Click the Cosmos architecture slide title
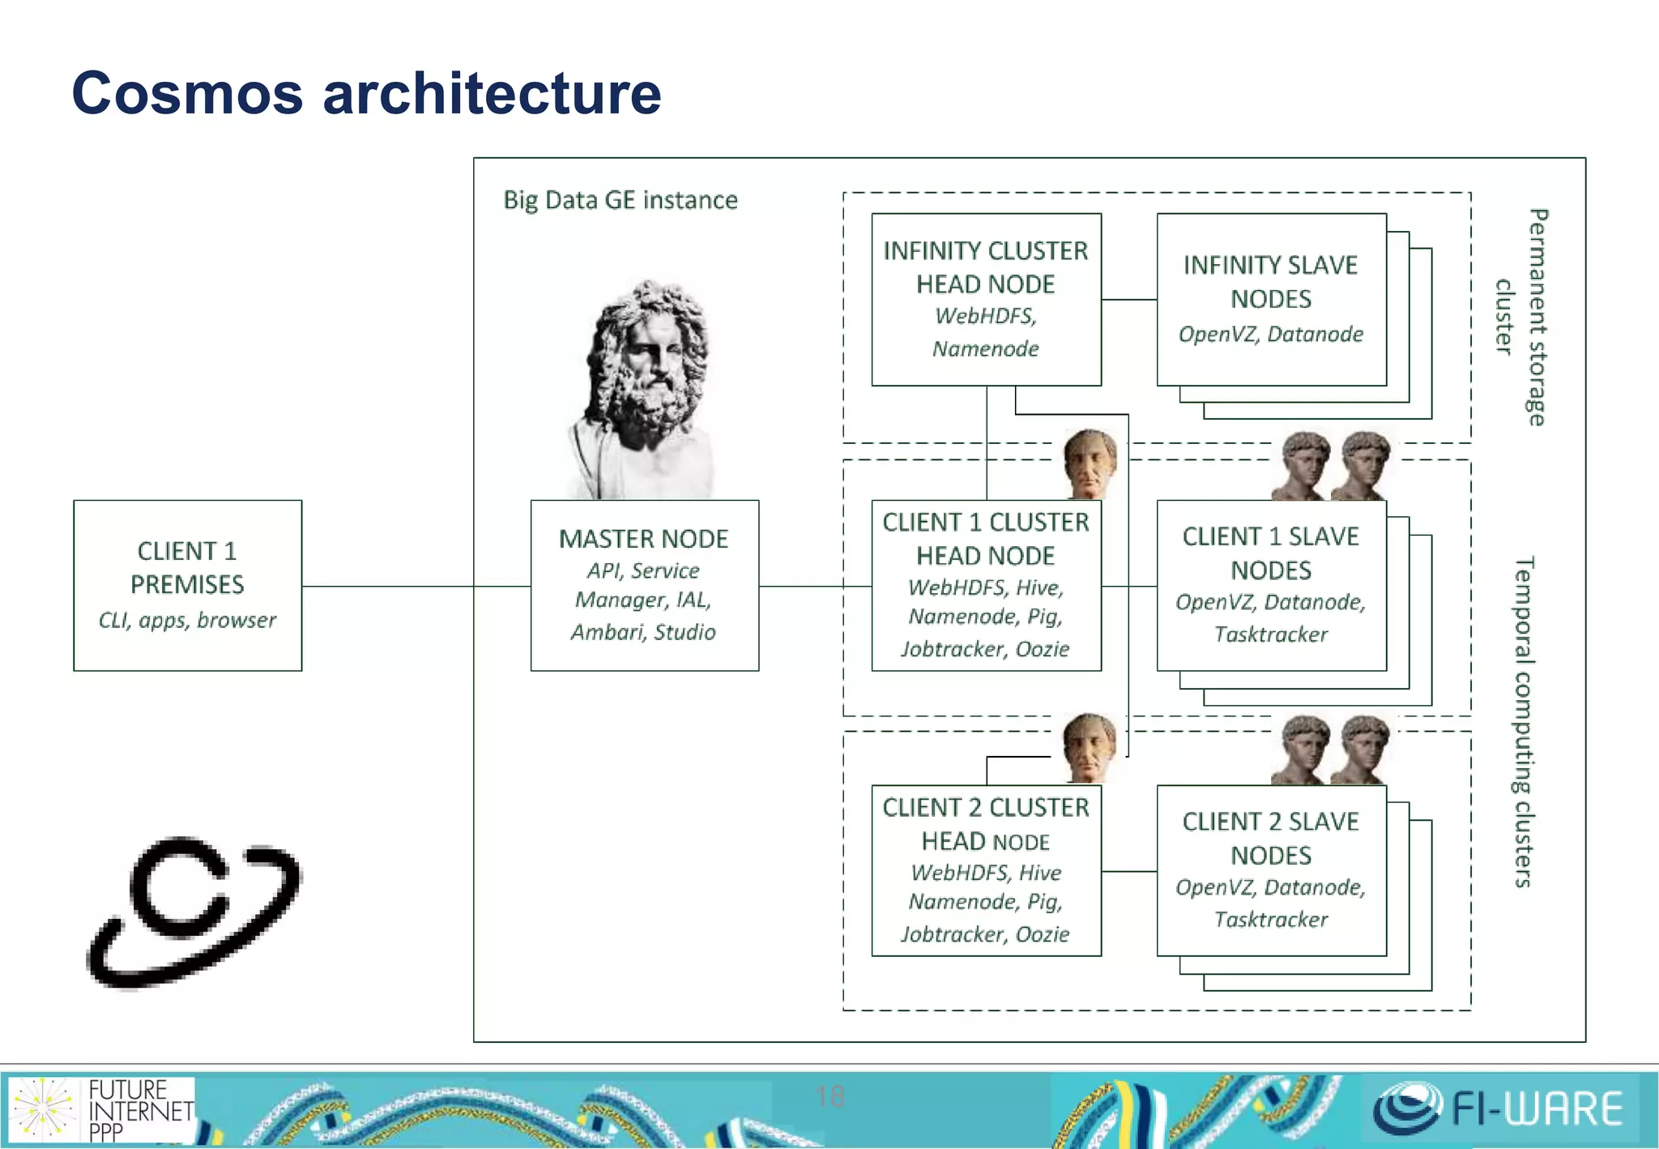click(x=366, y=93)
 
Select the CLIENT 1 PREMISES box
click(x=187, y=585)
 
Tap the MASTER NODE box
click(x=644, y=585)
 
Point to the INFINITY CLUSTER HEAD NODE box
click(x=986, y=299)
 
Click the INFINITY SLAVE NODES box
click(x=1271, y=299)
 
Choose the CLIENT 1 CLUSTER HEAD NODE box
click(x=986, y=585)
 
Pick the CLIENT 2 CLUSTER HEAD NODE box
click(x=986, y=870)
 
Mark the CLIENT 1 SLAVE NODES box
click(x=1271, y=585)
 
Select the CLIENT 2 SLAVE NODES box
click(x=1271, y=870)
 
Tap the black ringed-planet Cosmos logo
click(x=194, y=912)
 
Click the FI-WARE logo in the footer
click(x=1499, y=1108)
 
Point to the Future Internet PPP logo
click(x=101, y=1109)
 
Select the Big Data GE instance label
click(x=621, y=200)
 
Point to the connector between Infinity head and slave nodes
click(x=1129, y=300)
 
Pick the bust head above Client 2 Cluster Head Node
click(x=1090, y=747)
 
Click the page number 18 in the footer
click(x=830, y=1096)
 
